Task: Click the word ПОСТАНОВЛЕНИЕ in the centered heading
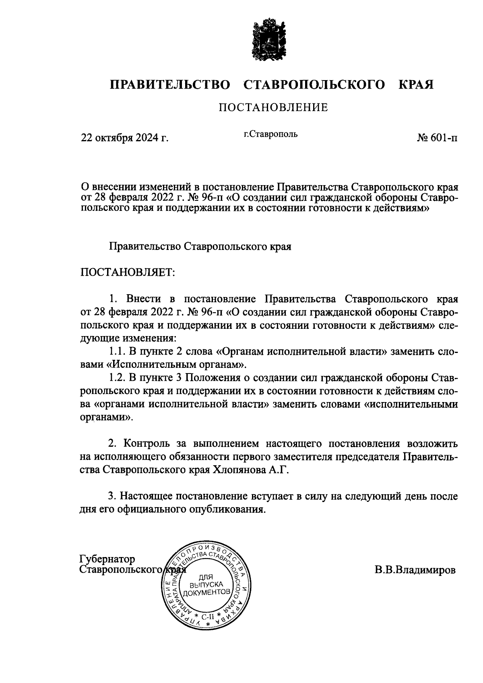point(273,107)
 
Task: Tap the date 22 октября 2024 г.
point(125,138)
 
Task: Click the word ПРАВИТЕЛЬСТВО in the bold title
point(170,85)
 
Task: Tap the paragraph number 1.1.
point(118,351)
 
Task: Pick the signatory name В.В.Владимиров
point(415,570)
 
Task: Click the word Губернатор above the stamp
point(107,559)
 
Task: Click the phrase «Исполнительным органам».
point(176,365)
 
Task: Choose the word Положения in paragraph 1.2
point(212,378)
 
